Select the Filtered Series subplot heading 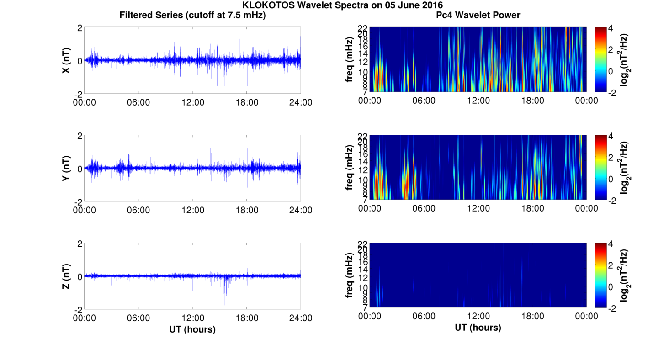pos(192,16)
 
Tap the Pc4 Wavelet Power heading pos(478,16)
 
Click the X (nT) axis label pos(66,61)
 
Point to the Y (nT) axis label pos(66,169)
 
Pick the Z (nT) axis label pos(66,276)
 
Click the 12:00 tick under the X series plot pos(193,102)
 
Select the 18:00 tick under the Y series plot pos(247,210)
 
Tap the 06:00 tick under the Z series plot pos(138,318)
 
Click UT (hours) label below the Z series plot pos(192,329)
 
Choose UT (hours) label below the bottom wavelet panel pos(478,328)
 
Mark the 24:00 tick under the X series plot pos(301,102)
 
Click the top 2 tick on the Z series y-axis pos(80,244)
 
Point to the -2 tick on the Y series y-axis pos(78,201)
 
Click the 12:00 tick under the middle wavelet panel pos(478,208)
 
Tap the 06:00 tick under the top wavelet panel pos(424,101)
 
